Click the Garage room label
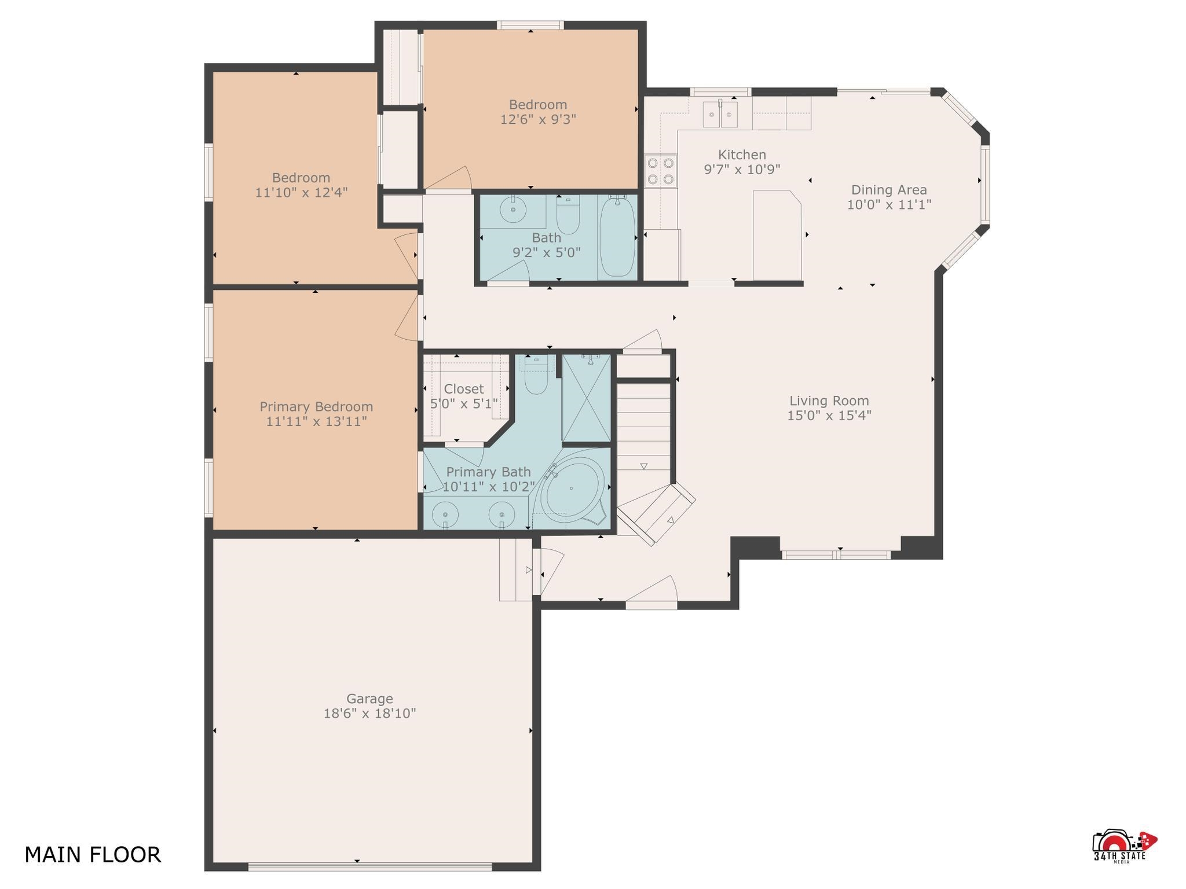369,699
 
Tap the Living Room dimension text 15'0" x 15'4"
829,416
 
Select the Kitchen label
742,155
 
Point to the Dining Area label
889,190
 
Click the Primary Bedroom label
316,407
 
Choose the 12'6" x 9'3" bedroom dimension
538,119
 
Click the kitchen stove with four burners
661,171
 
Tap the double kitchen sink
720,113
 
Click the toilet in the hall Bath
568,215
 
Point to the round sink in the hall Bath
513,209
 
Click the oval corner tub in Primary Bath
571,489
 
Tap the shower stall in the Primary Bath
586,399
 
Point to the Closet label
464,389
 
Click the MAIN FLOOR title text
93,855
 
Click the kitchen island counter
777,235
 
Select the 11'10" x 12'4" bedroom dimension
301,192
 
